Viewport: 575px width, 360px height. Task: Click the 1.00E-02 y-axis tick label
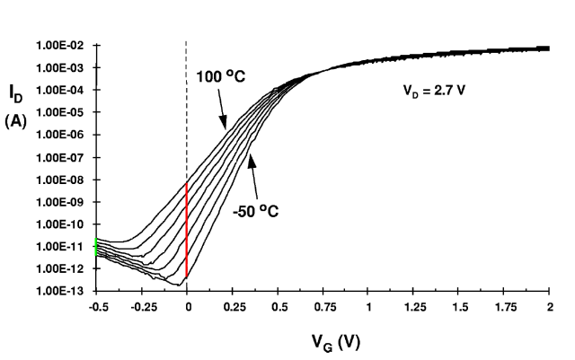60,45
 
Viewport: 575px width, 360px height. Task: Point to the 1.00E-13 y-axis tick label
60,291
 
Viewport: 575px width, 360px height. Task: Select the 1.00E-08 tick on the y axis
60,180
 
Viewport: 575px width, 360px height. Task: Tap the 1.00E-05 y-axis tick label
60,112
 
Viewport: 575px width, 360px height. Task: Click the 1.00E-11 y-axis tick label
60,246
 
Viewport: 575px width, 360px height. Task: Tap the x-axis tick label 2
549,307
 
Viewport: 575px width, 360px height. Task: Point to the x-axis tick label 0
187,307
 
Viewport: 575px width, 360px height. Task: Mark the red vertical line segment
187,229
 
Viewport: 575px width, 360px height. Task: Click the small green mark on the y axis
96,247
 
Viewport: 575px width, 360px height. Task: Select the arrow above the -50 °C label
254,175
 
